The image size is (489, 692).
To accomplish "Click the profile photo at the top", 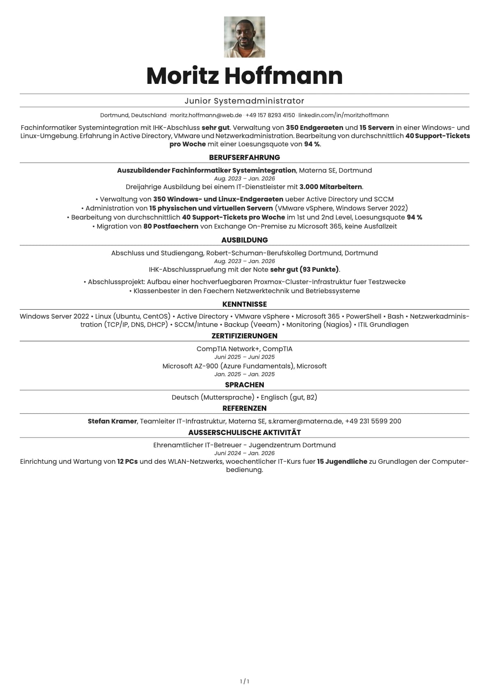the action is point(244,37).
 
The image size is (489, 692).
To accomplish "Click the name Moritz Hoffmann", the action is point(244,76).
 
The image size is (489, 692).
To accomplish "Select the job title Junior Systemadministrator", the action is point(244,101).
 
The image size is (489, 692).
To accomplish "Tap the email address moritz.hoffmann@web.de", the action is point(206,115).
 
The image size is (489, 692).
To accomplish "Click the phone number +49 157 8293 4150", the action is point(270,115).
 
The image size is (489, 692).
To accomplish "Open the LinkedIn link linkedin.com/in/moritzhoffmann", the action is point(344,115).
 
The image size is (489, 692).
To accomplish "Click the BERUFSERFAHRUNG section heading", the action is point(244,157).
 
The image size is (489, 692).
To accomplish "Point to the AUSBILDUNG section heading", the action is point(244,240).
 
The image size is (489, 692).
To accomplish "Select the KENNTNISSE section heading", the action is point(244,304).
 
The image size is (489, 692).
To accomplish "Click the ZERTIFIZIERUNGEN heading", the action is point(244,336).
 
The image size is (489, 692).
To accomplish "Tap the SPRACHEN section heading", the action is point(244,385).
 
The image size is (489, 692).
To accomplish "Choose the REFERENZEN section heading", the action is point(244,408).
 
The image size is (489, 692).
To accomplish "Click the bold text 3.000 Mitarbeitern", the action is point(331,187).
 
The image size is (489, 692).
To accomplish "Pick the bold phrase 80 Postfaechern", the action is point(171,226).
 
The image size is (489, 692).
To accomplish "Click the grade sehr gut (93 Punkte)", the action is point(304,269).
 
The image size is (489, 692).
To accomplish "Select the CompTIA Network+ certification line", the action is point(244,349).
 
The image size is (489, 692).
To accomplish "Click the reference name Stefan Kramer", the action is point(112,421).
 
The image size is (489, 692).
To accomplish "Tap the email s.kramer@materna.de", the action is point(305,421).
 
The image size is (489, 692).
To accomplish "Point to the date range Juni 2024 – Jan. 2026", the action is point(244,453).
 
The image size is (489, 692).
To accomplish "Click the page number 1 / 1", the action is point(244,681).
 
